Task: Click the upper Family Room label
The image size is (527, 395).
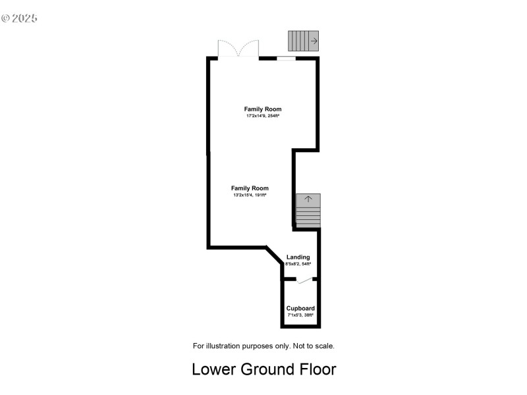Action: (x=263, y=109)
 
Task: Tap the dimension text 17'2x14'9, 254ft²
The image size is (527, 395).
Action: (x=263, y=117)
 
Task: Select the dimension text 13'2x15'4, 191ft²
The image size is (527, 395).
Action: (x=250, y=196)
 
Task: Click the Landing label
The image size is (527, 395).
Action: (x=298, y=257)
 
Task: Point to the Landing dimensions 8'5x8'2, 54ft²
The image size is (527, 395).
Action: (x=298, y=264)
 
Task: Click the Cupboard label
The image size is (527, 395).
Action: (x=300, y=308)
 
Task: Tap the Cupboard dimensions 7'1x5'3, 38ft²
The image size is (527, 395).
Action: (x=300, y=315)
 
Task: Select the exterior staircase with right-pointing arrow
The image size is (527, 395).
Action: (x=304, y=41)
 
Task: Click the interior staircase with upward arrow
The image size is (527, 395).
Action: (x=308, y=211)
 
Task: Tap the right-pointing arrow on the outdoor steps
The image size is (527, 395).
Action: (x=314, y=41)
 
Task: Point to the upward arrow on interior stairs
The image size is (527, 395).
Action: (x=308, y=199)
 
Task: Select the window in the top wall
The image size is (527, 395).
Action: (x=286, y=59)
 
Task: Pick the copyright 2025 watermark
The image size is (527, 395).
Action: (x=20, y=18)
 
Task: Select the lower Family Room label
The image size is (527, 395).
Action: (x=250, y=188)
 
